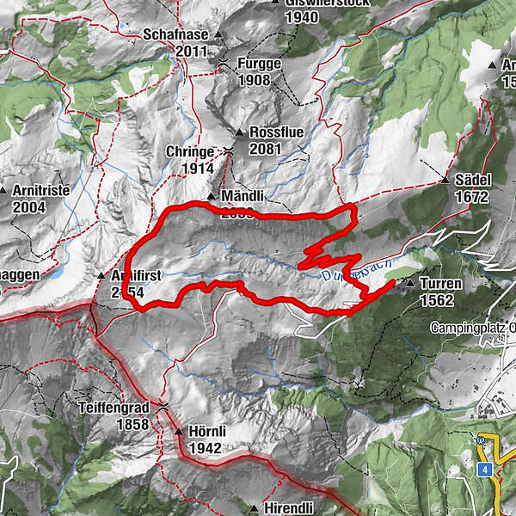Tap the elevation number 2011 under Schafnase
point(193,52)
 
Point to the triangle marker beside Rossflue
point(239,132)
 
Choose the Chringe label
point(189,152)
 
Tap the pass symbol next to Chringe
point(228,151)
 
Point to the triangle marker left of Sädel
point(445,181)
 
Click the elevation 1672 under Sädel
point(473,197)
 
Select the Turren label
point(441,284)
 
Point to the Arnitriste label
point(40,190)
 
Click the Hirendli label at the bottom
point(288,508)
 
